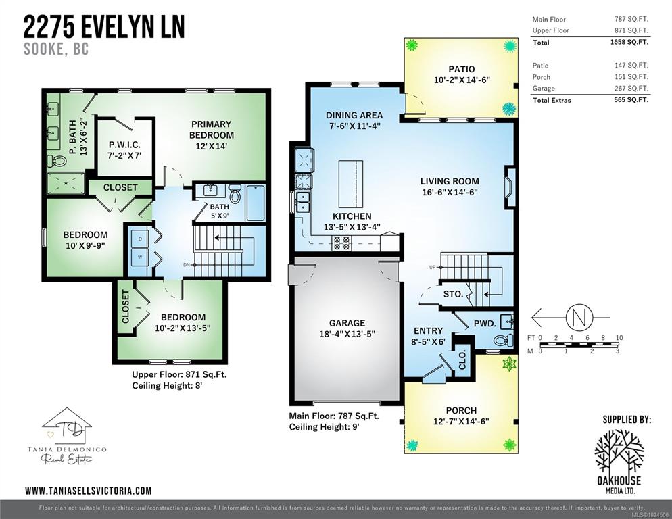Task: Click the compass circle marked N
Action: click(579, 318)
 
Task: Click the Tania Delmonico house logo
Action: click(67, 426)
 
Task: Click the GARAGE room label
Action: click(347, 323)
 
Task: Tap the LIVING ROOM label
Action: click(450, 181)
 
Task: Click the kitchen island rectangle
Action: click(351, 183)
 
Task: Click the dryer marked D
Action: click(140, 239)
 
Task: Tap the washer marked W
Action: click(140, 257)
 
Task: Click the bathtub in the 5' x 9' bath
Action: click(256, 203)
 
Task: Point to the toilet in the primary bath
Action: click(56, 161)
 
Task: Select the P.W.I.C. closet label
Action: click(124, 145)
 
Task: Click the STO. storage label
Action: click(453, 295)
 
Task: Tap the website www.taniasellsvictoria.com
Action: click(89, 491)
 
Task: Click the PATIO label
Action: click(462, 69)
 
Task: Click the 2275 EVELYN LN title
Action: click(104, 26)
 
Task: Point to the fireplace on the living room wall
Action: click(508, 187)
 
